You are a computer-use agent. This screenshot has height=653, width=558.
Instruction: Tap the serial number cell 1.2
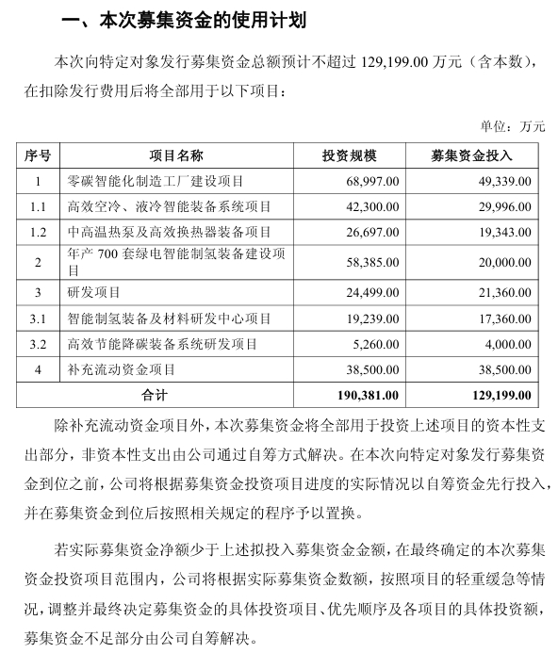38,232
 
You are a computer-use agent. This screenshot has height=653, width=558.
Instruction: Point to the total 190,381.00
369,395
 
